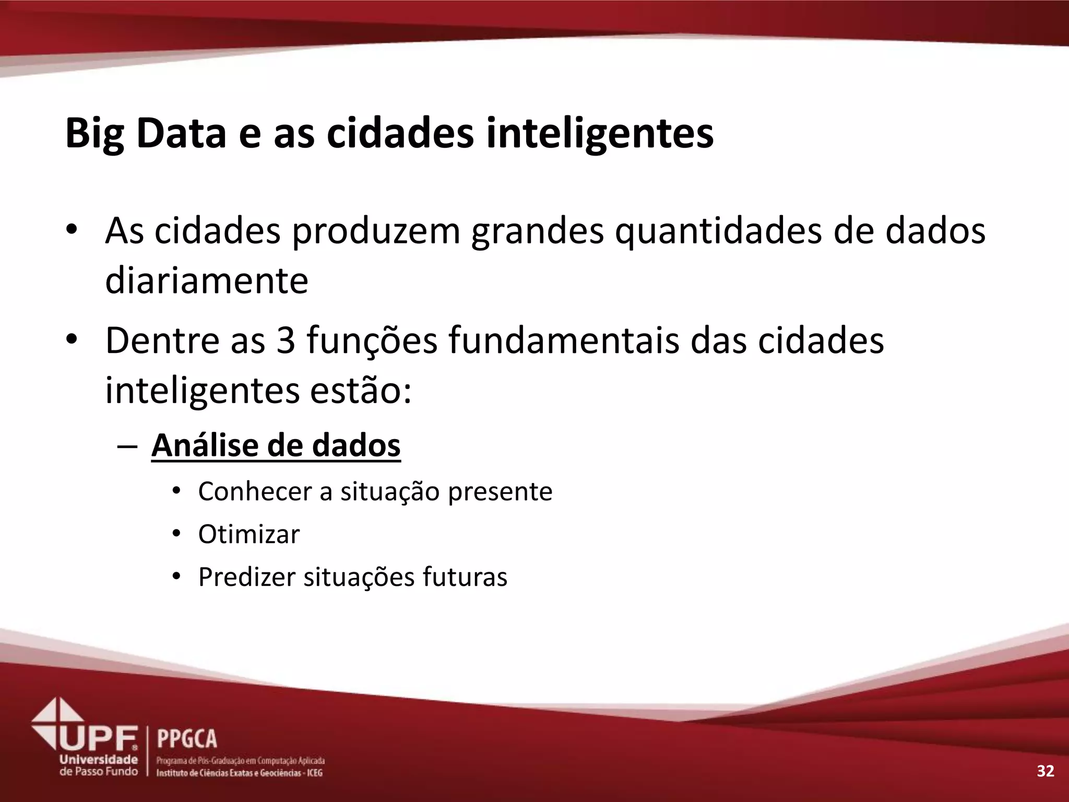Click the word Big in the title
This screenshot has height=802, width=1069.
pos(94,134)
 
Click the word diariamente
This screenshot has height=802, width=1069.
pos(207,281)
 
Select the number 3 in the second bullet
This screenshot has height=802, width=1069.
pos(286,340)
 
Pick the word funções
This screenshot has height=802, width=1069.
pos(372,340)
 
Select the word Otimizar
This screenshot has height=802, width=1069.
pos(249,534)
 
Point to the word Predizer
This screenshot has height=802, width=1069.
pos(246,577)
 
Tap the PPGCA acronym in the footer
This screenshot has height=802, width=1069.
pos(187,739)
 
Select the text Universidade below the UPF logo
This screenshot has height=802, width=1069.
pos(99,760)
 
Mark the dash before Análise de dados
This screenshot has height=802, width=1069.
pos(127,447)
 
